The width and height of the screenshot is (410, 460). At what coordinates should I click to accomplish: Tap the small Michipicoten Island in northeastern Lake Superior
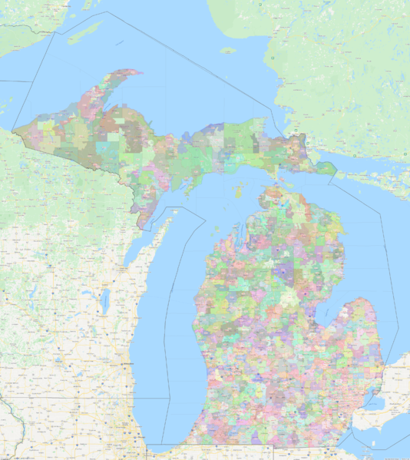click(228, 51)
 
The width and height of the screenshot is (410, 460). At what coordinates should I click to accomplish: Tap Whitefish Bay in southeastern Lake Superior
click(284, 123)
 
